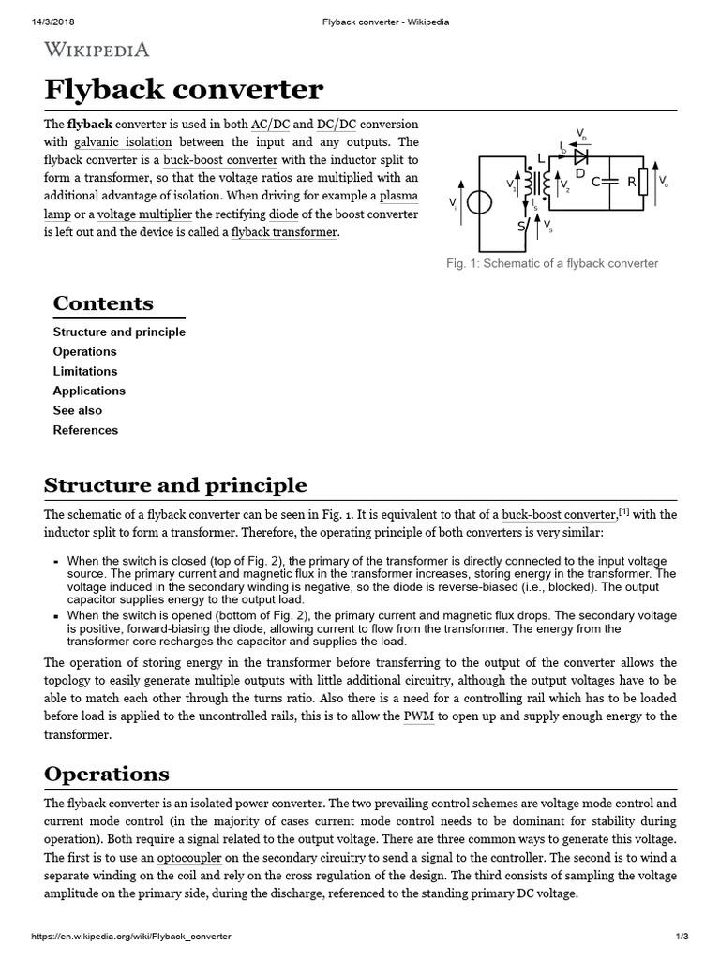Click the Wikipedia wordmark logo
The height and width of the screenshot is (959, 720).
pos(97,50)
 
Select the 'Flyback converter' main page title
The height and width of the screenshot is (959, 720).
pos(184,91)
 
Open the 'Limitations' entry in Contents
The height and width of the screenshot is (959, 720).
pos(84,371)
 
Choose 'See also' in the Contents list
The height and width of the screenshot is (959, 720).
pos(78,410)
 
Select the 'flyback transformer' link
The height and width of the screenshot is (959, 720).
pos(284,232)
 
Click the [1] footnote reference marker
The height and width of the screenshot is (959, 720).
pos(623,511)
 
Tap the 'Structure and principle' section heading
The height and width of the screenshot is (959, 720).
pos(175,485)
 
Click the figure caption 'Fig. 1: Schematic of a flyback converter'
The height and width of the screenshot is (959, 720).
pos(552,263)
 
